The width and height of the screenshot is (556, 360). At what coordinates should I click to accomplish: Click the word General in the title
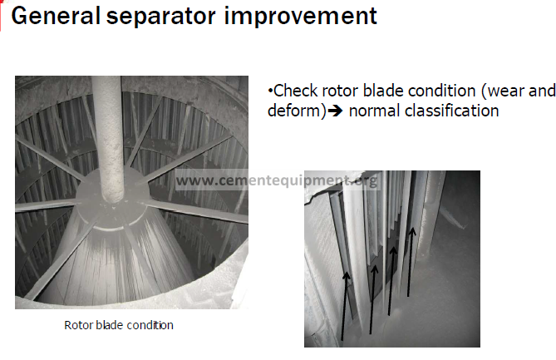pyautogui.click(x=56, y=16)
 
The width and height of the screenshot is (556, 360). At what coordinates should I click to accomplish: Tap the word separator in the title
pyautogui.click(x=161, y=17)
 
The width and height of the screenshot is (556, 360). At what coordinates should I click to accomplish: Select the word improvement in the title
pyautogui.click(x=300, y=16)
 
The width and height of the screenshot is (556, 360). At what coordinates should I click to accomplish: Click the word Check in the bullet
pyautogui.click(x=296, y=91)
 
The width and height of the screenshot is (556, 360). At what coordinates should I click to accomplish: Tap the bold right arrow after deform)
pyautogui.click(x=335, y=111)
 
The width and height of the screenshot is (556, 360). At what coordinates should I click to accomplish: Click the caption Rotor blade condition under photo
pyautogui.click(x=119, y=325)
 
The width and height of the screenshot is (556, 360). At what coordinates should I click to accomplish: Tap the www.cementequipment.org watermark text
pyautogui.click(x=277, y=180)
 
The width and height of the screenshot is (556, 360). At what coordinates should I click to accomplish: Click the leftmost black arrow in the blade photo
pyautogui.click(x=345, y=306)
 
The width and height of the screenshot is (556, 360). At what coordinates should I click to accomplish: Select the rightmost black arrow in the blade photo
pyautogui.click(x=411, y=262)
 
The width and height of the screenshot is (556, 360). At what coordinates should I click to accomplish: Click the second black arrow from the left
pyautogui.click(x=372, y=299)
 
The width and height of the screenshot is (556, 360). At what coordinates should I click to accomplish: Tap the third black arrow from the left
pyautogui.click(x=391, y=281)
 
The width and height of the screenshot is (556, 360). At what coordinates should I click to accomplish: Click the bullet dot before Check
pyautogui.click(x=270, y=91)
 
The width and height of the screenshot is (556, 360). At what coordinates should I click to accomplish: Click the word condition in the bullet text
pyautogui.click(x=420, y=91)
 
